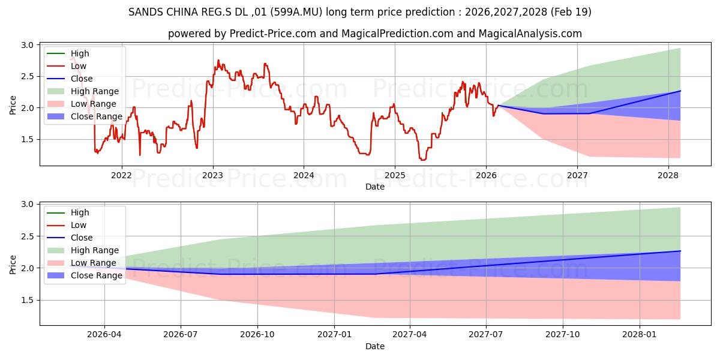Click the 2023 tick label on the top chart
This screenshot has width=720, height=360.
click(213, 175)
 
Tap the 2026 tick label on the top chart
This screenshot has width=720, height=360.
click(486, 175)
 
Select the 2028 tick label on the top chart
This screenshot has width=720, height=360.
click(668, 175)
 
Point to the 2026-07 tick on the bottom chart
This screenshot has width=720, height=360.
click(181, 335)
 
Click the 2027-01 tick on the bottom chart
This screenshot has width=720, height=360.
click(334, 335)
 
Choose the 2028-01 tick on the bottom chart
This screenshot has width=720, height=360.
click(640, 335)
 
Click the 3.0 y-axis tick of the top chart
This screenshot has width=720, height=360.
click(28, 45)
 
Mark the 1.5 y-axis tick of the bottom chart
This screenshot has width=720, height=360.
click(28, 300)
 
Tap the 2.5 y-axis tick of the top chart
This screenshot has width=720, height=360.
click(28, 77)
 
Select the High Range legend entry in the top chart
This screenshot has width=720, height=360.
click(83, 91)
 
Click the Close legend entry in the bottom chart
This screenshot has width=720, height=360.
click(70, 238)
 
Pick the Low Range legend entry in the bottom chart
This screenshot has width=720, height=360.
click(82, 263)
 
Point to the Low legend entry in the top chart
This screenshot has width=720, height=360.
click(67, 66)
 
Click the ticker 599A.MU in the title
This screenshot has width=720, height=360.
click(296, 12)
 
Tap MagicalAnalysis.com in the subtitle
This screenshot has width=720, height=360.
click(530, 34)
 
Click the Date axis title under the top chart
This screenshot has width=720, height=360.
click(375, 187)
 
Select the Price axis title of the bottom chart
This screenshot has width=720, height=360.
click(13, 265)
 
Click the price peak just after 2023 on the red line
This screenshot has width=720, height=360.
click(218, 60)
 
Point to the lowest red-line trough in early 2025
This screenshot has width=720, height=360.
click(422, 160)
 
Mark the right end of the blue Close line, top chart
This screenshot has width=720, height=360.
click(680, 91)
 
